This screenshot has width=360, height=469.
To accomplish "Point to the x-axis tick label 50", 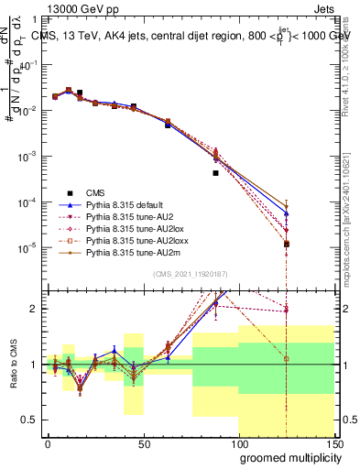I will [x=144, y=442].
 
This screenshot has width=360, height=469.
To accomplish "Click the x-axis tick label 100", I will [x=238, y=442].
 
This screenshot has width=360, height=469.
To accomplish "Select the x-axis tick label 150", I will [x=334, y=442].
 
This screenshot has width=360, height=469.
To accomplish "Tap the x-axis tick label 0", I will [x=48, y=442].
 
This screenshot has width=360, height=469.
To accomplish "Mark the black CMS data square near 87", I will [x=215, y=172].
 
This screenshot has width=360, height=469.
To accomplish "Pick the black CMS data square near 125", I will [x=287, y=244].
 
